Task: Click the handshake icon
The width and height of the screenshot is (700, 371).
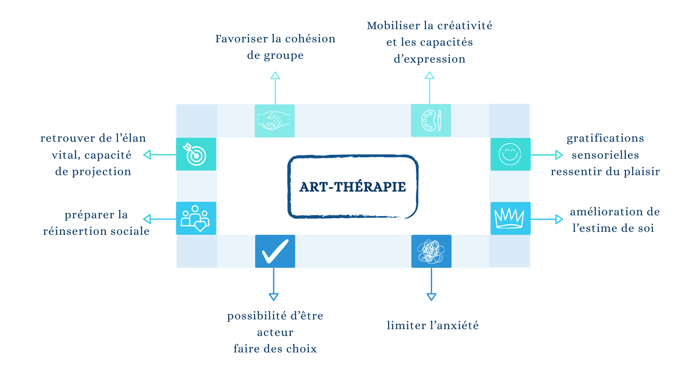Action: coord(275,121)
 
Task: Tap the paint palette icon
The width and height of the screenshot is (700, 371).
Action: coord(431,121)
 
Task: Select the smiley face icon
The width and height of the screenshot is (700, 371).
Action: coord(510,154)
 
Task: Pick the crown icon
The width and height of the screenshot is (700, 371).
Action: coord(510,218)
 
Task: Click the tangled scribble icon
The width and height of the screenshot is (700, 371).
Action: coord(431,251)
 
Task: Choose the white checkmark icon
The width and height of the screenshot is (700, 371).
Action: coord(275,251)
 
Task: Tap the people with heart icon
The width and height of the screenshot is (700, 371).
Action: coord(196,218)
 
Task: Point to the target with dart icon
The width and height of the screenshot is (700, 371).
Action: coord(196,154)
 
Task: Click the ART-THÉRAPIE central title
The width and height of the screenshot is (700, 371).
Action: coord(353,187)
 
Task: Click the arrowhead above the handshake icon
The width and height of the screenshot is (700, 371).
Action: coord(276,76)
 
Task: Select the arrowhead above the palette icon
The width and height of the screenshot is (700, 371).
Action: coord(430,76)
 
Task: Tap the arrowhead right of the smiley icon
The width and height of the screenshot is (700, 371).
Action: coord(559,155)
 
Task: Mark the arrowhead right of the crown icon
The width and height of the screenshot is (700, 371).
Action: coord(559,219)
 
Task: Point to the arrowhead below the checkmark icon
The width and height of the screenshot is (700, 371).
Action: coord(274,297)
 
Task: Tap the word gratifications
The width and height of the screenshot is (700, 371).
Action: coord(605,138)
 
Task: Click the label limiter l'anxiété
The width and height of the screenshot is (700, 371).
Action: coord(433,325)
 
